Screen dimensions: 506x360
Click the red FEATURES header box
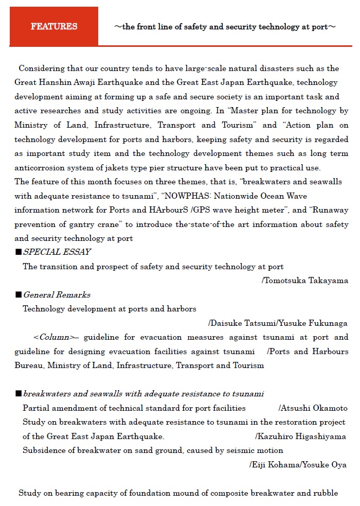pyautogui.click(x=53, y=26)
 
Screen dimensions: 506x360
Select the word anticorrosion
pyautogui.click(x=40, y=167)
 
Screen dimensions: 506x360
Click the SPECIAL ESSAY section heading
pyautogui.click(x=57, y=252)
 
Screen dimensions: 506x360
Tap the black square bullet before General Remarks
pyautogui.click(x=19, y=294)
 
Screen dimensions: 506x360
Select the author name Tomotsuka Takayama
pyautogui.click(x=307, y=281)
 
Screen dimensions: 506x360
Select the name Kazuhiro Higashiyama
pyautogui.click(x=302, y=437)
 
